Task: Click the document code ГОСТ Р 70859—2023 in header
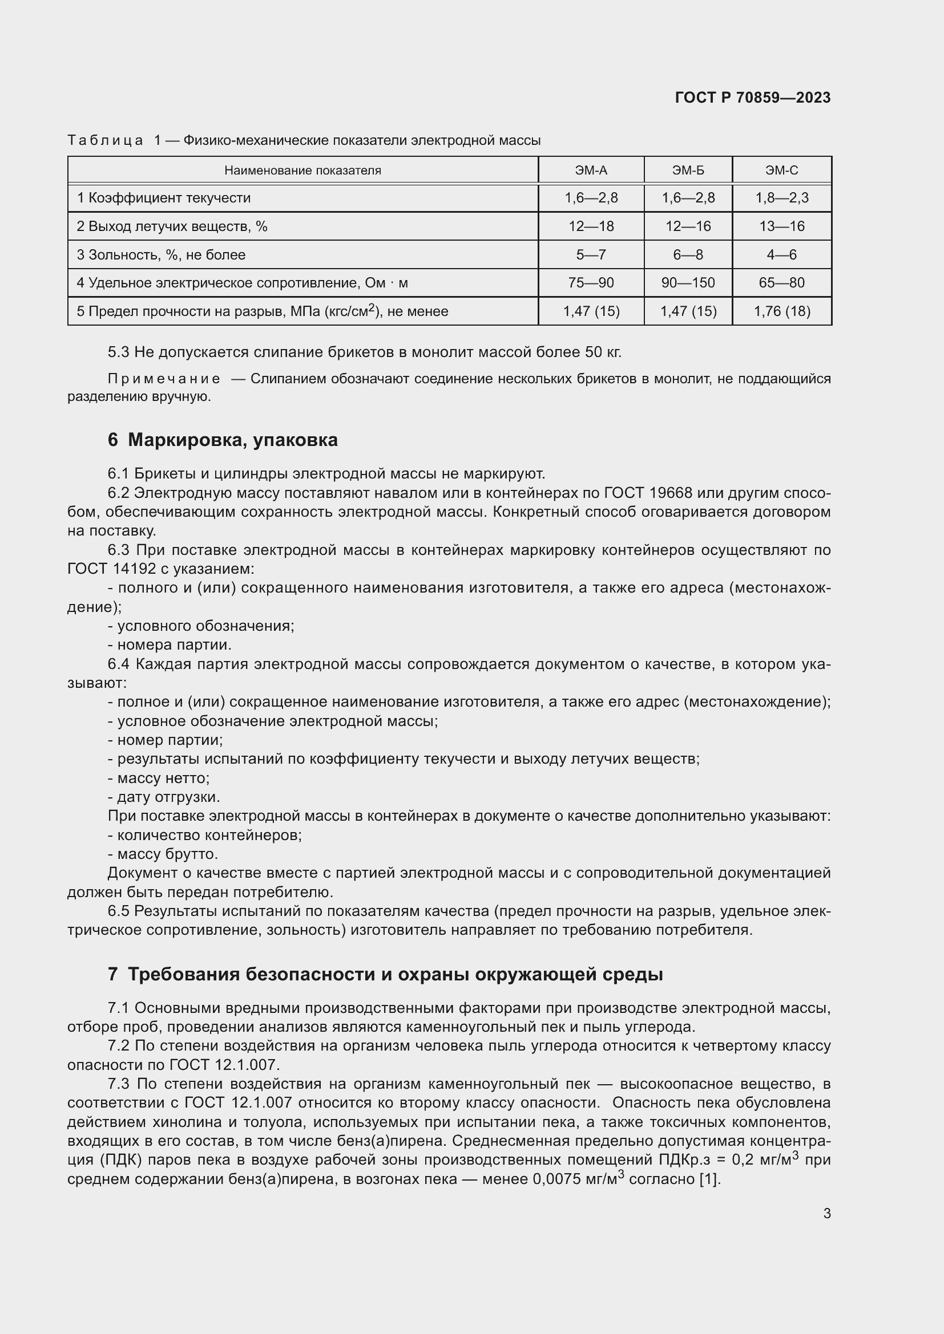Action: tap(753, 98)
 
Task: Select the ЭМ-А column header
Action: tap(591, 170)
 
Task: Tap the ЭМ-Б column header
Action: tap(688, 170)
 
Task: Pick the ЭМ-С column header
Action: tap(781, 170)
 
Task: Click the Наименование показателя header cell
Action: tap(302, 170)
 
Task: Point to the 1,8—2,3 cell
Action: tap(781, 198)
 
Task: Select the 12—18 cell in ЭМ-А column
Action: tap(591, 226)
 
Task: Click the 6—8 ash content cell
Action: tap(688, 254)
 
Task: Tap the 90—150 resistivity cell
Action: tap(688, 283)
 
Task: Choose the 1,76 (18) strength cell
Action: tap(781, 311)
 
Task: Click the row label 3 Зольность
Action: tap(161, 254)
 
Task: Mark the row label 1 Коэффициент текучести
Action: tap(163, 198)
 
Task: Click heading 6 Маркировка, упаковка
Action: tap(222, 440)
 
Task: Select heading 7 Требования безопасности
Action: tap(385, 974)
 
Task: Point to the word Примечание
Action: tap(164, 379)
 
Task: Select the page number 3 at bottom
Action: tap(826, 1213)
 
